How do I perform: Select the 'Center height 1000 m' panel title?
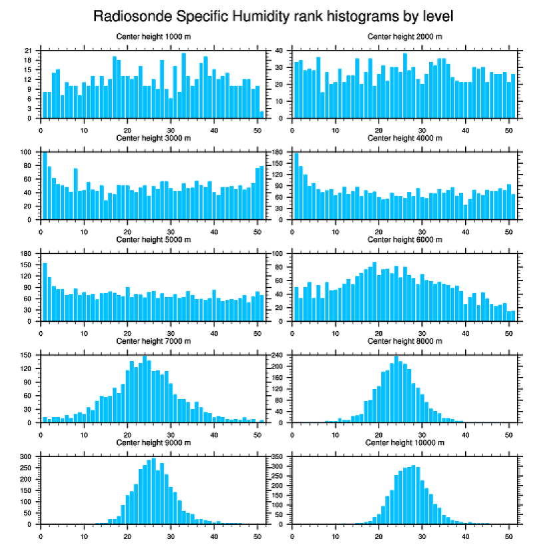(x=153, y=36)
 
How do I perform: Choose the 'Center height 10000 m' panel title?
(x=405, y=442)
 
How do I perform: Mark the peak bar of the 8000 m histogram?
(x=396, y=389)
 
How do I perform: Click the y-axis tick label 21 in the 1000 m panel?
(x=28, y=51)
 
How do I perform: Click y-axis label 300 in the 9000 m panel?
(x=26, y=457)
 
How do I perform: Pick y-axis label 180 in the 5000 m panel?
(x=26, y=254)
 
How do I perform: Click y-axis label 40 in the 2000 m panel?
(x=279, y=51)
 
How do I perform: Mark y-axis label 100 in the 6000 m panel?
(x=277, y=254)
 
